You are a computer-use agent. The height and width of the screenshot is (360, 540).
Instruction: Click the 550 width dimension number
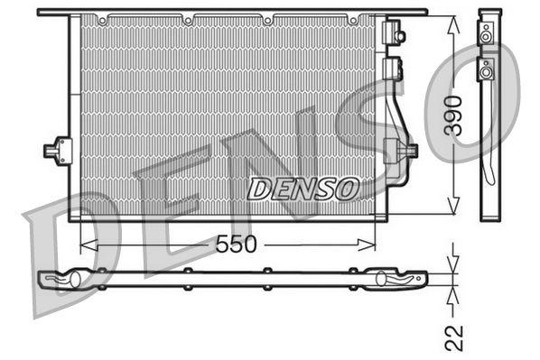tap(237, 245)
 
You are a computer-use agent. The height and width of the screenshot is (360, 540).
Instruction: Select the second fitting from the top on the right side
tap(393, 69)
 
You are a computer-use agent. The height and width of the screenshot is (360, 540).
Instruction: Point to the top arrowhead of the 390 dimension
tap(453, 19)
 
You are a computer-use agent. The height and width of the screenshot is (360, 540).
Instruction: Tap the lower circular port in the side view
tap(488, 69)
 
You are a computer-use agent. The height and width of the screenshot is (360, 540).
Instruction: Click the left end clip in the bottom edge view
tap(68, 280)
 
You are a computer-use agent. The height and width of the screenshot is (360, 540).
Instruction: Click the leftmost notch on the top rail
tap(105, 18)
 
